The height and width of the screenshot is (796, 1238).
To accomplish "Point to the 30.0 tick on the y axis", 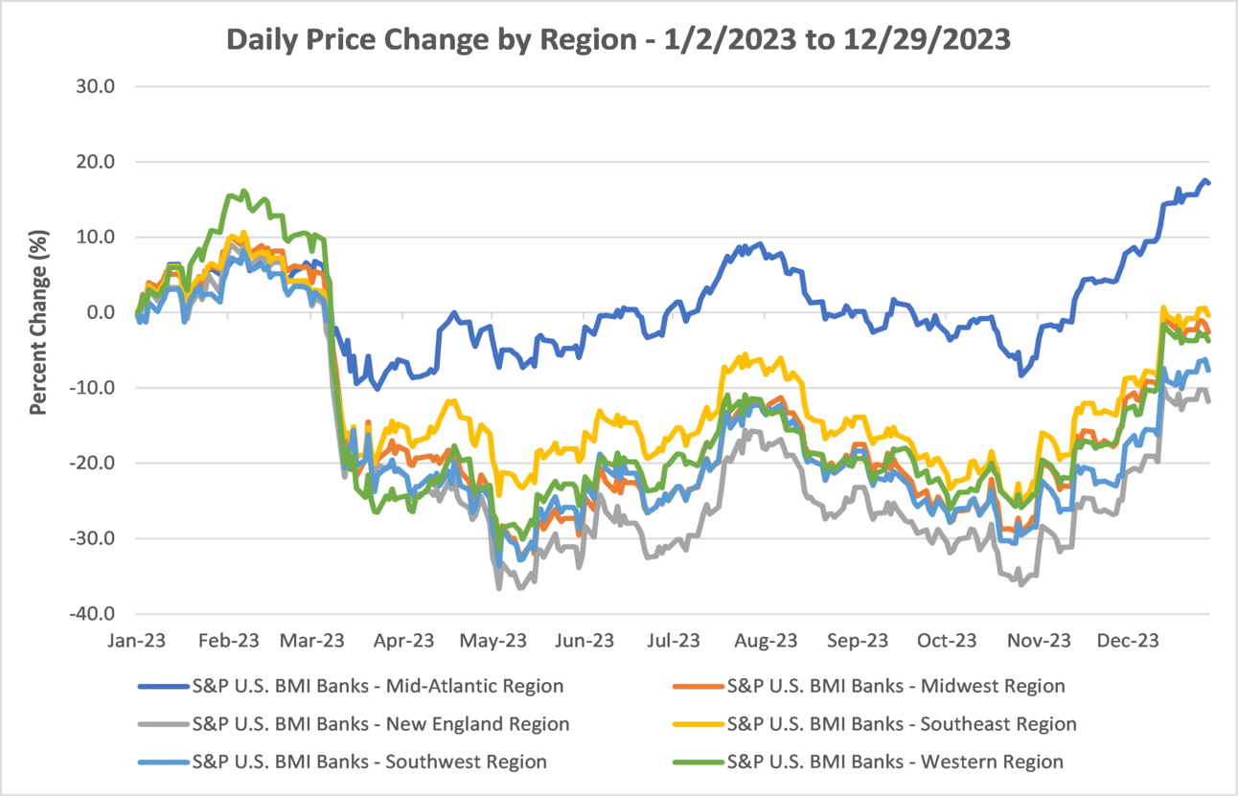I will click(x=96, y=87).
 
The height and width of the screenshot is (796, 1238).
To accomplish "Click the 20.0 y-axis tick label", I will click(x=96, y=162).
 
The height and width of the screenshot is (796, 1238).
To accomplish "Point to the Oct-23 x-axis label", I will click(x=947, y=640).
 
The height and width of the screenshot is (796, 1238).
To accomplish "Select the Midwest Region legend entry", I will click(x=896, y=686).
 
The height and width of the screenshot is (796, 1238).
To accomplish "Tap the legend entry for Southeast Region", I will click(x=902, y=724).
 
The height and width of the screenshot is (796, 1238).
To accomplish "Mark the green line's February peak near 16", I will click(x=243, y=192).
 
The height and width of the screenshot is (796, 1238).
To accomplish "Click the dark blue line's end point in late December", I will click(x=1209, y=183).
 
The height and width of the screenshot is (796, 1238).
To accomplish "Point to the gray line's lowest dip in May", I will click(x=499, y=588).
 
